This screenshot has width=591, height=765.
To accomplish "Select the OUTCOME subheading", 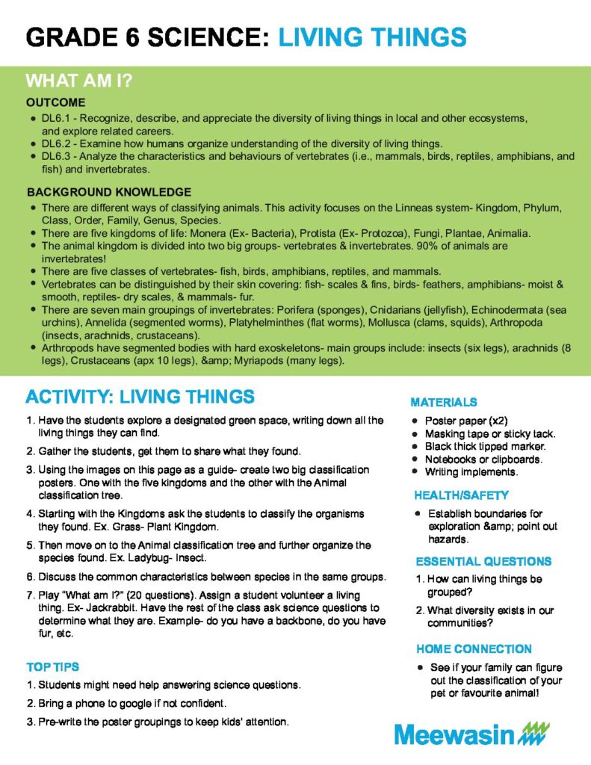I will point(56,102).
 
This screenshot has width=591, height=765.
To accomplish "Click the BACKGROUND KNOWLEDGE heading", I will point(109,192).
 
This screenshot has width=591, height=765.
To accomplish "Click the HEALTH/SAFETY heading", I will point(462,495).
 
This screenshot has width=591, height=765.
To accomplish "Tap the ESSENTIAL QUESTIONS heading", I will point(483,561).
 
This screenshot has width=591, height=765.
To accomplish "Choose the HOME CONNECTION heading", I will point(474,648).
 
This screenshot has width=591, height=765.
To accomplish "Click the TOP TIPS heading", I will point(52,666).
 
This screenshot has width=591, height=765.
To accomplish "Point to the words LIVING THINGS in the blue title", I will point(373,36).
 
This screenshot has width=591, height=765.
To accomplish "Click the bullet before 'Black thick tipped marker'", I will point(415,447).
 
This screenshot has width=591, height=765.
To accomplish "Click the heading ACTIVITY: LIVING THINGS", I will point(140,396).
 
